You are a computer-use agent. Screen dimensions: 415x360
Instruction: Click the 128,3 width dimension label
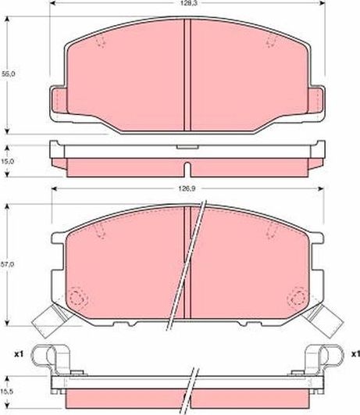coord(185,4)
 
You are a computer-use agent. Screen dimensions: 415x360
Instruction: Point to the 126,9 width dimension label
coord(185,188)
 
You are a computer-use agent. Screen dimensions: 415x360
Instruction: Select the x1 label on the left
coord(17,355)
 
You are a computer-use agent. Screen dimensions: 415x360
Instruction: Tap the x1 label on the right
coord(354,355)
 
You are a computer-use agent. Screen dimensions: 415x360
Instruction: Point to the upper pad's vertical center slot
coord(185,74)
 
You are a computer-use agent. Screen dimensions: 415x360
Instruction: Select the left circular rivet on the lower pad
coord(76,299)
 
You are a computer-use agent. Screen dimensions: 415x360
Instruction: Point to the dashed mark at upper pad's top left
coord(102,43)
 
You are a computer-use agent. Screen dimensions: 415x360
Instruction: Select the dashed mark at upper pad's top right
coord(270,43)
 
